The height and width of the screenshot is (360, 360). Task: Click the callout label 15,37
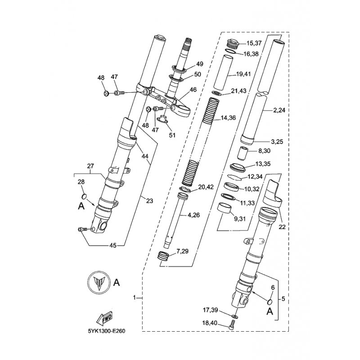(x=254, y=43)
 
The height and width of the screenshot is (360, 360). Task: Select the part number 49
(x=200, y=64)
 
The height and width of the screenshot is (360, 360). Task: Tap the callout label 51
(x=172, y=135)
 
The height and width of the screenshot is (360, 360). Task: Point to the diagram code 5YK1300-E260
(x=107, y=331)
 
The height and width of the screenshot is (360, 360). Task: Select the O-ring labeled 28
(x=84, y=196)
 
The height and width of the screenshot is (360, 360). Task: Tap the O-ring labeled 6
(x=270, y=301)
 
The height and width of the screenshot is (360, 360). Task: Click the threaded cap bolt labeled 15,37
(x=232, y=43)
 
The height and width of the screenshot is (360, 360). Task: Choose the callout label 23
(x=149, y=201)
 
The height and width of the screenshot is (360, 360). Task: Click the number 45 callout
(x=113, y=245)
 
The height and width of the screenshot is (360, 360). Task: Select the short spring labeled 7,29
(x=163, y=256)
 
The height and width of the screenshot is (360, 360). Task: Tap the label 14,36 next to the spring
(x=228, y=118)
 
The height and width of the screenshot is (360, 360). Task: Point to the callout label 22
(x=282, y=227)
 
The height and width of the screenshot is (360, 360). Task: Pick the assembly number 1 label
(x=135, y=298)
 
